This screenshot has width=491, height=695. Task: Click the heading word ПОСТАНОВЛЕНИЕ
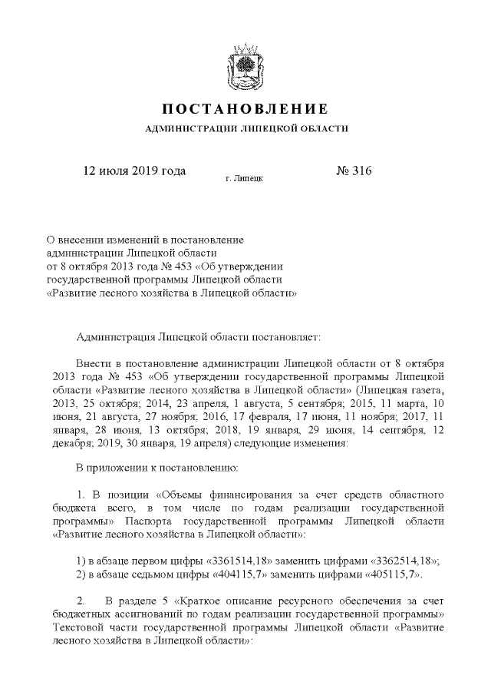coord(246,108)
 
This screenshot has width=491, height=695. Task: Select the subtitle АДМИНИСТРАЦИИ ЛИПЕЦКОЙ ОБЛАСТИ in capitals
coord(246,128)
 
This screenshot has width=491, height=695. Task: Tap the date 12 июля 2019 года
coord(134,170)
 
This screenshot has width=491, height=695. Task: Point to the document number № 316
coord(354,170)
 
